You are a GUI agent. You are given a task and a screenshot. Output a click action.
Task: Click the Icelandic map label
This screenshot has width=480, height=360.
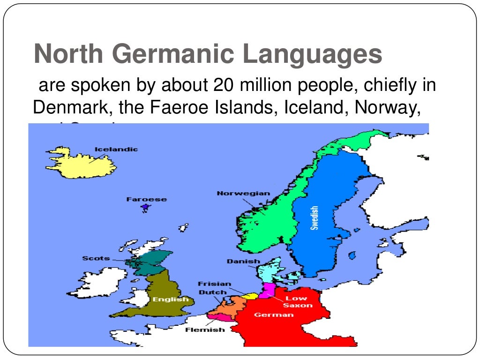coord(116,150)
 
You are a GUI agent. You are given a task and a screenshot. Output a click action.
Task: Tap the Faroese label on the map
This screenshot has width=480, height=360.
coord(146,199)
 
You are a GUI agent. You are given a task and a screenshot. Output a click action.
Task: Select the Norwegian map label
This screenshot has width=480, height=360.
coord(243,193)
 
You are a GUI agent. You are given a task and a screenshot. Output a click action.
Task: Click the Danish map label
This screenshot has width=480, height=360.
coord(243,261)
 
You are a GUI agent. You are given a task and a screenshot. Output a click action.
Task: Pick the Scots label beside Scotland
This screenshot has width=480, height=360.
coord(96,258)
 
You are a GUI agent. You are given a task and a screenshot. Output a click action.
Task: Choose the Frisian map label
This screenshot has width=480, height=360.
coord(215,284)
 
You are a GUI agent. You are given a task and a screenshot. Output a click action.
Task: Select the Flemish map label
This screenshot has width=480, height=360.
coord(205,330)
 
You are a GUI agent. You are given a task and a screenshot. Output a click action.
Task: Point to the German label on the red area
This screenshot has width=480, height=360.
coord(268,315)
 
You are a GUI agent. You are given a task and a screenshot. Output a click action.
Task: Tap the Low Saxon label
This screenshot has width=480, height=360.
coord(297,302)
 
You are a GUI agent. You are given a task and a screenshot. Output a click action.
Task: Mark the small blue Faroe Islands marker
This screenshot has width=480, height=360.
coord(146,207)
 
